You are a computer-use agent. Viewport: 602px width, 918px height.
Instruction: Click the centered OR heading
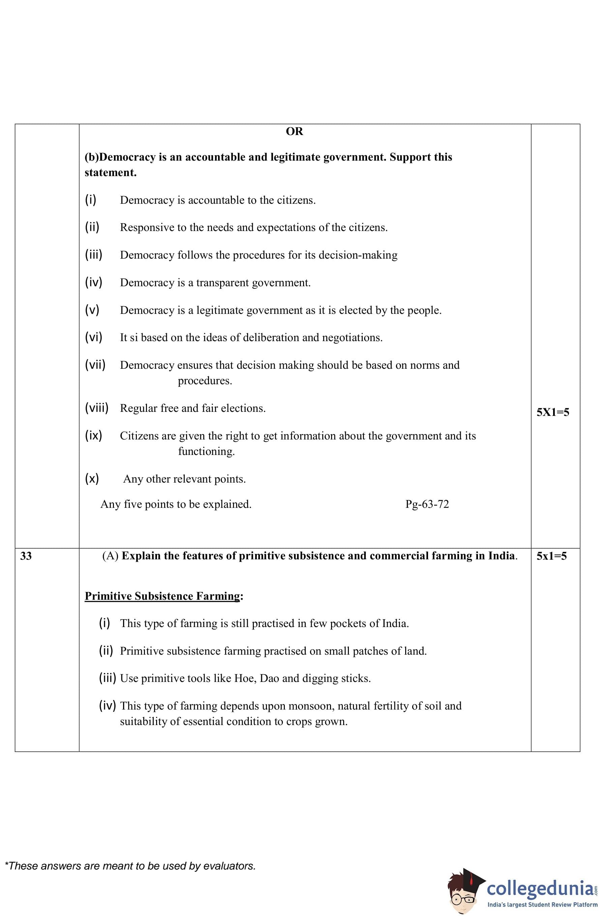tap(294, 132)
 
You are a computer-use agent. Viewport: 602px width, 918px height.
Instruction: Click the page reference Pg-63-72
tap(427, 504)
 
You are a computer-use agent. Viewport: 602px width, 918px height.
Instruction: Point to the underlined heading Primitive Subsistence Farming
tap(162, 596)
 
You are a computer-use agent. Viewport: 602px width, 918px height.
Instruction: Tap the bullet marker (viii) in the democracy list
tap(96, 408)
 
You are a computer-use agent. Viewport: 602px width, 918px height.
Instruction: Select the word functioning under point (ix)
tap(206, 451)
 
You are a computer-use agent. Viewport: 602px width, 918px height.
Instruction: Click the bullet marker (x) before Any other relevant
tap(92, 479)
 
